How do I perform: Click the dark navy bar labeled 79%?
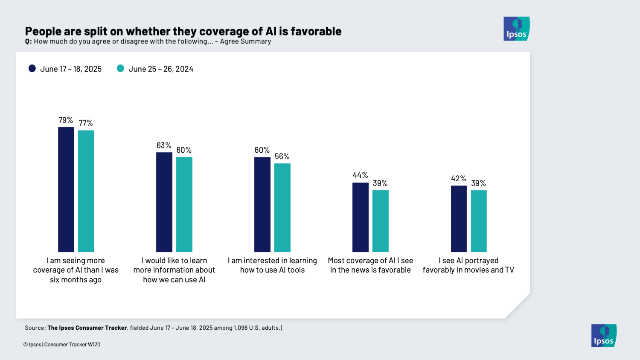(x=66, y=189)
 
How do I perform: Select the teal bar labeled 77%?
(x=86, y=191)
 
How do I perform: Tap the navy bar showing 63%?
(x=164, y=202)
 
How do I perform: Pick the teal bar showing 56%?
(x=282, y=208)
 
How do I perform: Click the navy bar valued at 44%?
(x=360, y=217)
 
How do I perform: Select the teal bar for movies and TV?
(x=478, y=221)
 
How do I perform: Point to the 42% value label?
(x=458, y=179)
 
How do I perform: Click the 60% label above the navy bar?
(x=262, y=150)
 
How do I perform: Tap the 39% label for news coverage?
(x=380, y=183)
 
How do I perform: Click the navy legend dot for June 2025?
(x=32, y=69)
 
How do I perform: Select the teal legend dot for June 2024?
(x=120, y=69)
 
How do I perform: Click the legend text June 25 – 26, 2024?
(x=161, y=69)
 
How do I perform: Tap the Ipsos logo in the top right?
(x=516, y=29)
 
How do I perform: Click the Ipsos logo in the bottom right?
(x=604, y=336)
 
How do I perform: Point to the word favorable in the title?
(x=316, y=32)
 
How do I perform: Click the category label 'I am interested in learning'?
(x=272, y=261)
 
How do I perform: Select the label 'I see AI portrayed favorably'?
(x=468, y=265)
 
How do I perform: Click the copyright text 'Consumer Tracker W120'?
(x=72, y=345)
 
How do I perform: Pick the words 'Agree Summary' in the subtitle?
(x=245, y=41)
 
